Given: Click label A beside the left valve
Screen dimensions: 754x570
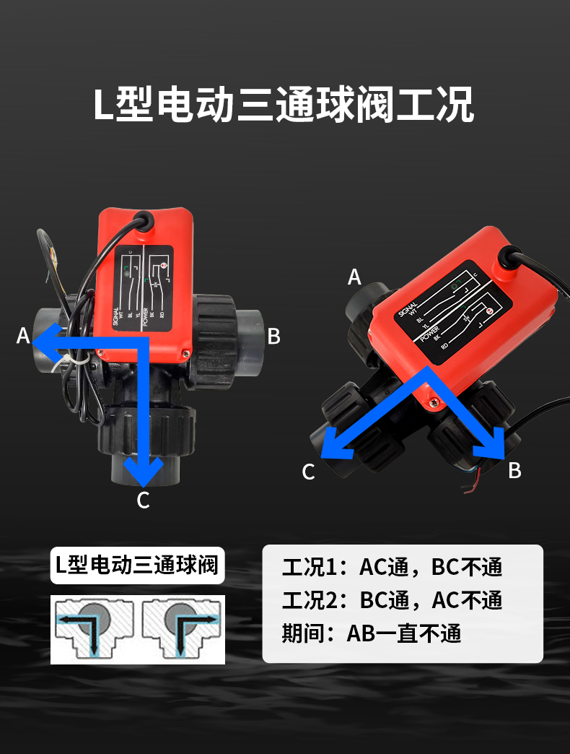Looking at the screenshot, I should tap(23, 336).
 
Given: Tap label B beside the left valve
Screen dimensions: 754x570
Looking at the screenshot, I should tap(274, 336).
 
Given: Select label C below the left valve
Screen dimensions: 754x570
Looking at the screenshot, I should tap(143, 500).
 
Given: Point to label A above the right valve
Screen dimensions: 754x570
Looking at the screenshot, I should tap(354, 277).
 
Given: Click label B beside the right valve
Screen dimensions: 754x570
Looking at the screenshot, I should tap(514, 470).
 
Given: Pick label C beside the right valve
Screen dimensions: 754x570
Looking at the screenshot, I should tap(309, 472).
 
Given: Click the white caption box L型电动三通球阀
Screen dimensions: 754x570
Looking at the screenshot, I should tap(137, 565).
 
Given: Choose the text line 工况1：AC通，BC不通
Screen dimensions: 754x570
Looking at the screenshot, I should tap(392, 567).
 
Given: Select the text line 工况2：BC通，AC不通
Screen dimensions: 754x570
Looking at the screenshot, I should tap(392, 600).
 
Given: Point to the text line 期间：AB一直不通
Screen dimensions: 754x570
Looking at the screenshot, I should tap(371, 633).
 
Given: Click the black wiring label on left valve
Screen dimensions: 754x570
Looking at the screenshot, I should tap(144, 288).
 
